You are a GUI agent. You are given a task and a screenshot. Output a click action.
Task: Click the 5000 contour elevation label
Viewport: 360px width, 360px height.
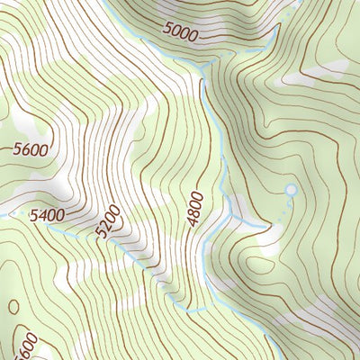181,32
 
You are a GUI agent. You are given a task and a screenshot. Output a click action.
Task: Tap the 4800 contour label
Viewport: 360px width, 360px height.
196,210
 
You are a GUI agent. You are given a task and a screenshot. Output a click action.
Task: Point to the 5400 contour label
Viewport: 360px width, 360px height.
47,215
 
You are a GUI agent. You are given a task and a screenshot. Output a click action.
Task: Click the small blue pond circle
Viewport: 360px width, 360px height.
290,190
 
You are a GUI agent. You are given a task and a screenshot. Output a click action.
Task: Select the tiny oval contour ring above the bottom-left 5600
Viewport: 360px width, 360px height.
13,307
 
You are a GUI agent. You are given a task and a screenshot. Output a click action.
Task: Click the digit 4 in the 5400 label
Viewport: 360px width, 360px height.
41,216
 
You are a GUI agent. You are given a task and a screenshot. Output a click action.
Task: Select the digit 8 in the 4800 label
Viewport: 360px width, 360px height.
196,214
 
